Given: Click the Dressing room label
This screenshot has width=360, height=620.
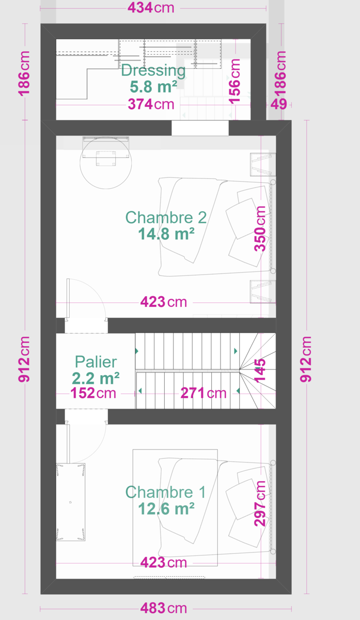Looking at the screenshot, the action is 153,71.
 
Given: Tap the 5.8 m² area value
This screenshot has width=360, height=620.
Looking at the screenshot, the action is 153,87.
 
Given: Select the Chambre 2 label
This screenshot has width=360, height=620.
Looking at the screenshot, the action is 166,218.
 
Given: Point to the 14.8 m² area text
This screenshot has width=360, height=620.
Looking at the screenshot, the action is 166,234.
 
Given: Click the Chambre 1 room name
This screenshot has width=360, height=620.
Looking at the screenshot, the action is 165,492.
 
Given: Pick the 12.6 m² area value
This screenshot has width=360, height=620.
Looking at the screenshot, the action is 166,508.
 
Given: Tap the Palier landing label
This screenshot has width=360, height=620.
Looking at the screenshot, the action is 96,362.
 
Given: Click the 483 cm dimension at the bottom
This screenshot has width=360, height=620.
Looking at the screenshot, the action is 164,609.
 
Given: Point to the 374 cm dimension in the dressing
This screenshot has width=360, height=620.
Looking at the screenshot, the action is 151,104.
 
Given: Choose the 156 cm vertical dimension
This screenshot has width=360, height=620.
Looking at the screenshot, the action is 234,82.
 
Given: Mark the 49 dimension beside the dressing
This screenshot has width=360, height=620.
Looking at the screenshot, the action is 278,104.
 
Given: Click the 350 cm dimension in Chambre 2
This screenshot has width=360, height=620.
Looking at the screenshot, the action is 260,228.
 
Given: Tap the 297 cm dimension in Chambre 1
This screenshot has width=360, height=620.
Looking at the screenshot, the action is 260,503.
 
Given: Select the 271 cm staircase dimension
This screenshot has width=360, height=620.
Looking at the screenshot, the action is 204,393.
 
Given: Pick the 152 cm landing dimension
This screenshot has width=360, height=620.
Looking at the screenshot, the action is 93,393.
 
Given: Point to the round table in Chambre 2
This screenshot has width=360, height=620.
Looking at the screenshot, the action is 106,163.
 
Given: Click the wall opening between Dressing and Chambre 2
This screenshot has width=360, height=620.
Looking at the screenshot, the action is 200,128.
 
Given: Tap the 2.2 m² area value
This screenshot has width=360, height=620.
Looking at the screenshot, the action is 96,378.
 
